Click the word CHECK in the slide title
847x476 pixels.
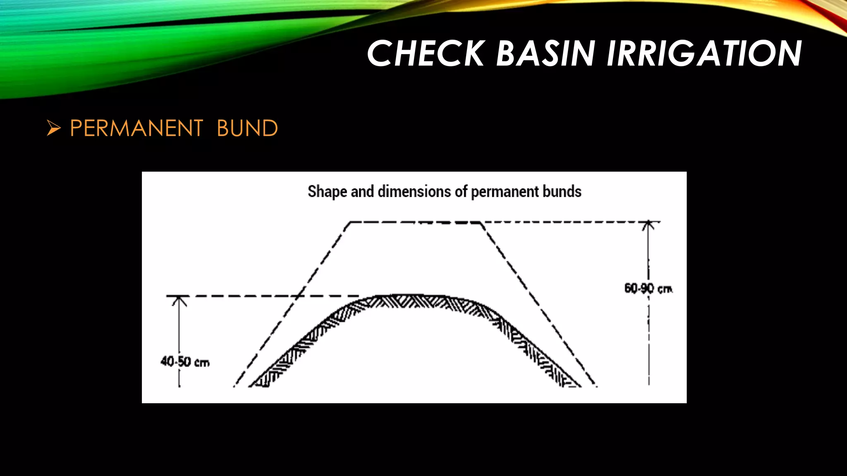[426, 53]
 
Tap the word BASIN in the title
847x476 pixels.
[545, 53]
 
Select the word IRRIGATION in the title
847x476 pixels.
[704, 53]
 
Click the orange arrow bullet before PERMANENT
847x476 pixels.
[54, 128]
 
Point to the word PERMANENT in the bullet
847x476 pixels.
[136, 128]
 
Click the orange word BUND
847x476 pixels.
[247, 128]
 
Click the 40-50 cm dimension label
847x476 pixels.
[185, 362]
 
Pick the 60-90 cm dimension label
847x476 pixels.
[648, 288]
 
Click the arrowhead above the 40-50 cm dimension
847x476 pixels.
[179, 300]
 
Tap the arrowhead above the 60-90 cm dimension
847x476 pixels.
[648, 225]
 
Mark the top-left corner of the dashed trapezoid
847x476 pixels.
[350, 223]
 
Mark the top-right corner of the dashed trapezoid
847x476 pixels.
[481, 223]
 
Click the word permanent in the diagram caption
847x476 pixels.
[505, 192]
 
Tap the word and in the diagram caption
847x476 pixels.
[362, 192]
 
